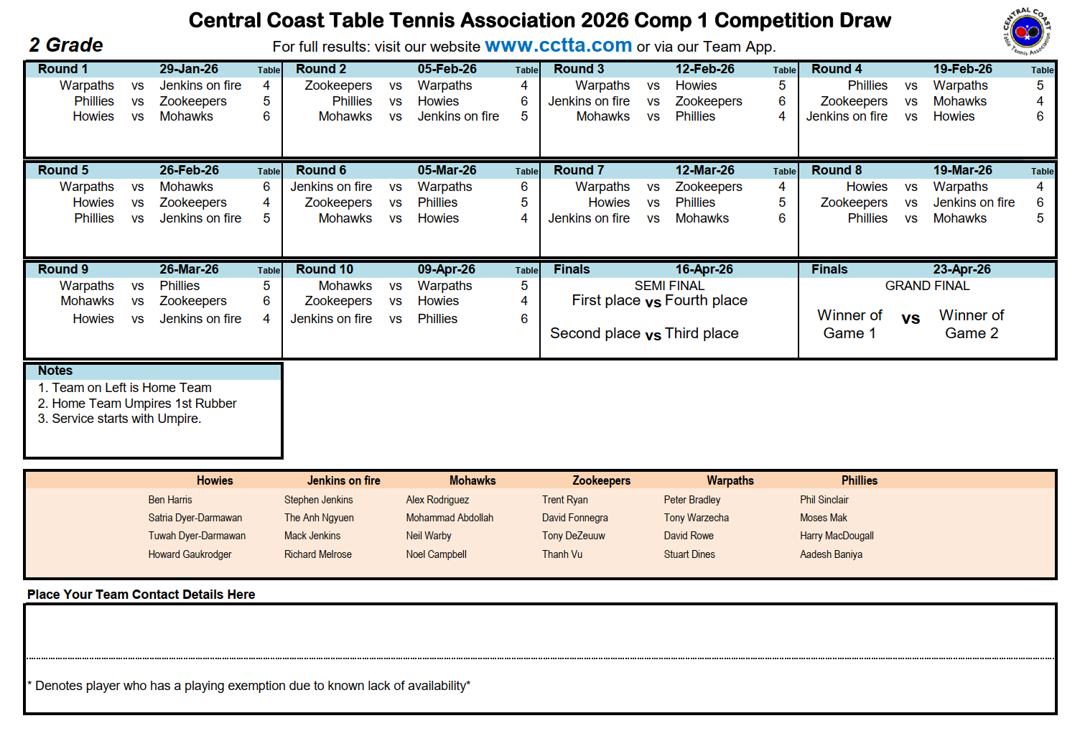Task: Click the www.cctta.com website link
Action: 558,46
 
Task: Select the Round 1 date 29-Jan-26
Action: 188,69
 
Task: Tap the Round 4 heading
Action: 837,69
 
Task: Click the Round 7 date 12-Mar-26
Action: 704,170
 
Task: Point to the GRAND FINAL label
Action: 927,286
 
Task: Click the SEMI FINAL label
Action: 669,286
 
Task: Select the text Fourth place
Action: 706,300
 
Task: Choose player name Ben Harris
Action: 170,500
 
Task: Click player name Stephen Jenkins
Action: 318,500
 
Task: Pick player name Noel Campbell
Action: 436,554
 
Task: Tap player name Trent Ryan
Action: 564,500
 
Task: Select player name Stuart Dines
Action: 689,554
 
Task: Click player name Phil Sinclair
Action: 824,500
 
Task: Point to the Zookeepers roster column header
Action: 601,480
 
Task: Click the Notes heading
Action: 55,371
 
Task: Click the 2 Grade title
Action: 66,45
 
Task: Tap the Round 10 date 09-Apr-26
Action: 446,269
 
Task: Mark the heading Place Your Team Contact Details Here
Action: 141,595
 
